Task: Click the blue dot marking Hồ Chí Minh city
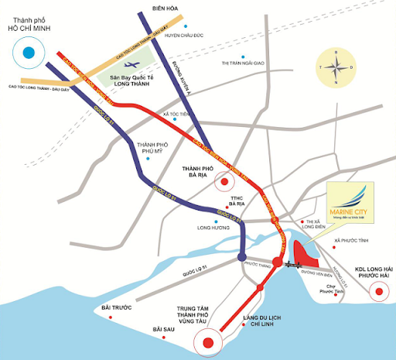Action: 29,53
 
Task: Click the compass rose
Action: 334,67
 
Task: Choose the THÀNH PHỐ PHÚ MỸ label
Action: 152,149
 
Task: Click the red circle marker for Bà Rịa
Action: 224,183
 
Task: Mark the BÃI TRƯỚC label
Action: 117,308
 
